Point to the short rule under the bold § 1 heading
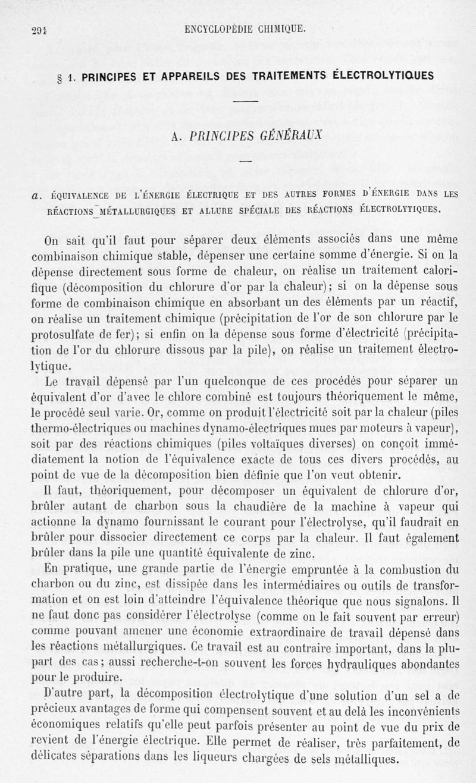tap(246, 101)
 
